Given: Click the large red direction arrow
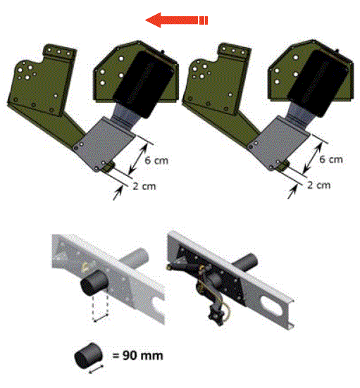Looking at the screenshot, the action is tap(176, 20).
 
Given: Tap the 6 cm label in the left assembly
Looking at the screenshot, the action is tap(156, 161).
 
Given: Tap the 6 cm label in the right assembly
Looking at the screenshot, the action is tap(331, 159).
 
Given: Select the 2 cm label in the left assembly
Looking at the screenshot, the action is tap(144, 187).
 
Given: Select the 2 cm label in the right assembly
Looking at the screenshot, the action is tap(319, 185).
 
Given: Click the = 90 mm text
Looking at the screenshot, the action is tap(137, 356).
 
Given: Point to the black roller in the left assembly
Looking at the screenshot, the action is tap(142, 84).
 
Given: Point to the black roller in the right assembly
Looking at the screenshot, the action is tap(317, 83).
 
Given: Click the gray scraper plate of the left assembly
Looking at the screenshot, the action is tap(106, 144).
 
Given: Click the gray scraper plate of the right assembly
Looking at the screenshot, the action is tap(280, 143).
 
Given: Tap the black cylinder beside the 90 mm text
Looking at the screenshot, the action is tap(88, 356).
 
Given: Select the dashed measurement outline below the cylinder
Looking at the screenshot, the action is tap(100, 308).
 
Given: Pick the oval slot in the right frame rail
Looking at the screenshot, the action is tap(271, 306).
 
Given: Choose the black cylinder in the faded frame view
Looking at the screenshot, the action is tap(94, 282).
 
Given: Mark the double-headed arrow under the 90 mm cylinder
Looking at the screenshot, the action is tap(96, 369).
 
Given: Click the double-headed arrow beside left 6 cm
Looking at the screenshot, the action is tap(138, 158).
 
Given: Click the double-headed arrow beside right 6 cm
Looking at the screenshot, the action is tap(313, 158).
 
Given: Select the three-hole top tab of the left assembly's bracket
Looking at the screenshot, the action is tap(59, 52).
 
